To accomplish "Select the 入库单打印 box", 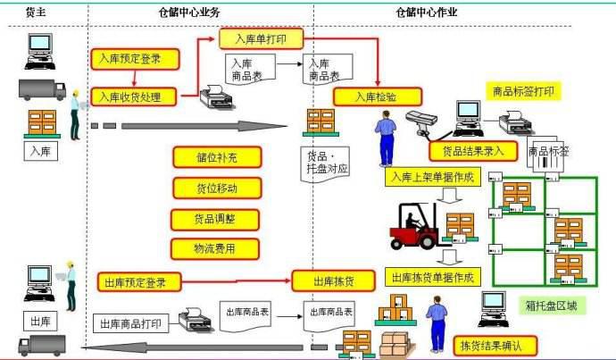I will [x=262, y=39].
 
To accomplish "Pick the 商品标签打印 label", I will [x=523, y=91].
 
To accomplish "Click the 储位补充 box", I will [x=216, y=156].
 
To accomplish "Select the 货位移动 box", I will [x=216, y=188].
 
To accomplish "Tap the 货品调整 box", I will [x=215, y=219].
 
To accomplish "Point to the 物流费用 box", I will [x=214, y=248].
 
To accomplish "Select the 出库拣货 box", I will [x=332, y=281].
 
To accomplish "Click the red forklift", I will [x=412, y=228].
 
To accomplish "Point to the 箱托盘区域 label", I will [x=551, y=306].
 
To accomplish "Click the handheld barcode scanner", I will [x=419, y=120].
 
